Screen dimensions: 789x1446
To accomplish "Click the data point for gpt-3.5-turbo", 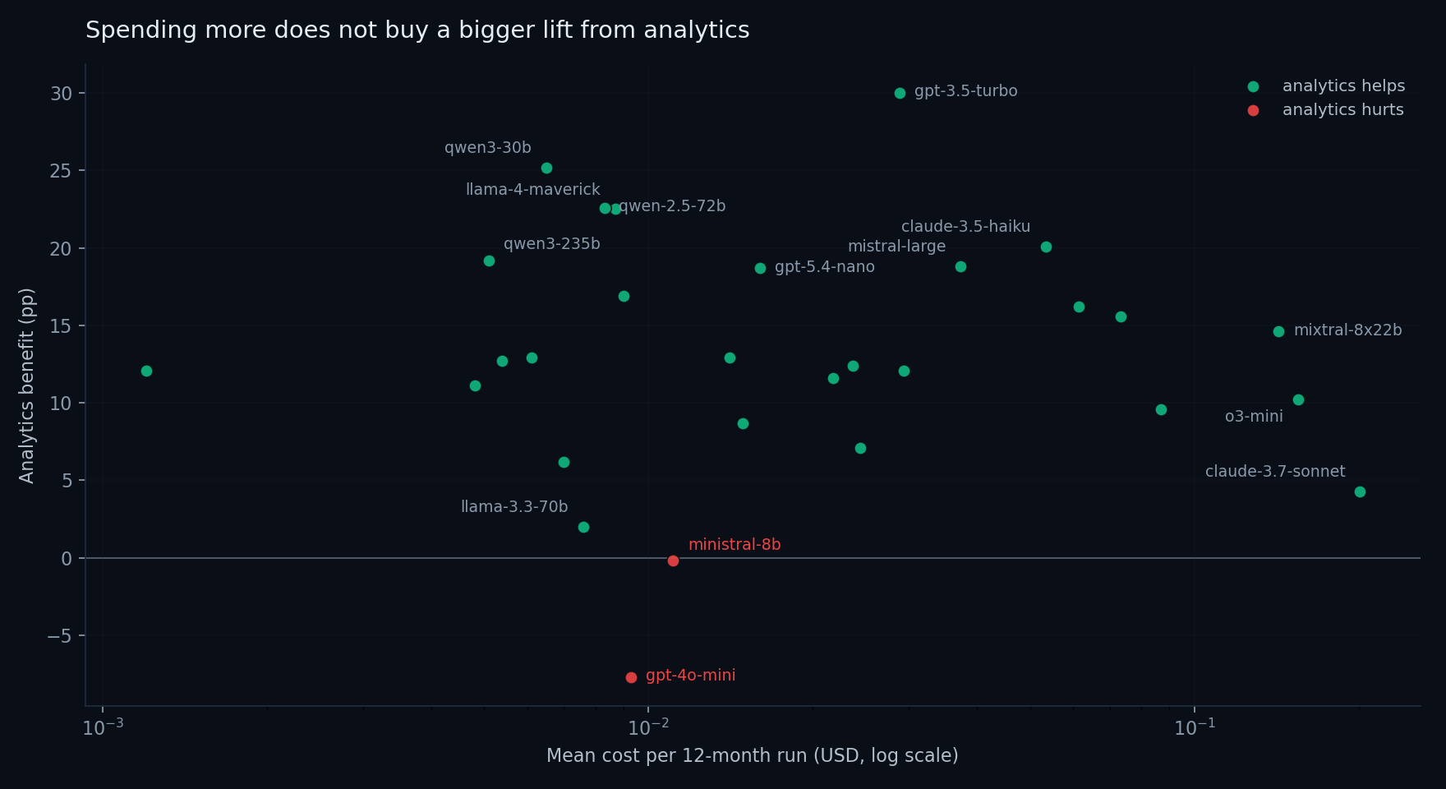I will tap(900, 93).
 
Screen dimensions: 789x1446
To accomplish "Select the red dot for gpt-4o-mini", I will tap(631, 677).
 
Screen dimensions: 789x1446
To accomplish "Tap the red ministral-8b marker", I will tap(673, 561).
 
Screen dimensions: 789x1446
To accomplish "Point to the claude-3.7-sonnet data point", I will tap(1360, 491).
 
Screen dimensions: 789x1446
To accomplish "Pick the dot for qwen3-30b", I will tap(546, 168).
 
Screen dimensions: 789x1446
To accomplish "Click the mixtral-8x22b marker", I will tap(1278, 331).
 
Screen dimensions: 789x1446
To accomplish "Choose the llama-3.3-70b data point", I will tap(583, 527).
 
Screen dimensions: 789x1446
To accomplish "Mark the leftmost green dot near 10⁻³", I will tap(146, 371).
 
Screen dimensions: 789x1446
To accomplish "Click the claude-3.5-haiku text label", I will tap(965, 227).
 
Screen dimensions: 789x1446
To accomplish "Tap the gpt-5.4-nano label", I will tap(824, 267).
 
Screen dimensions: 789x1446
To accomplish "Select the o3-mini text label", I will tap(1254, 417).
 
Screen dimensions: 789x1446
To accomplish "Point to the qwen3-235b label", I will tap(551, 244).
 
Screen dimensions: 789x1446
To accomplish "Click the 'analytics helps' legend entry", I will tap(1342, 86).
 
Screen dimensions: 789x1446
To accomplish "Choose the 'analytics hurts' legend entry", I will tap(1342, 110).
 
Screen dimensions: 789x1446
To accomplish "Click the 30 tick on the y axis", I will tap(62, 93).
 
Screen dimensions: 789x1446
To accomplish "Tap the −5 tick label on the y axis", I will tap(59, 636).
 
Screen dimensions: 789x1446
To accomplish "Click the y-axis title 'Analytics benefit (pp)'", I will tap(27, 385).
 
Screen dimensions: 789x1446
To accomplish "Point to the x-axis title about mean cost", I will tap(752, 756).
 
